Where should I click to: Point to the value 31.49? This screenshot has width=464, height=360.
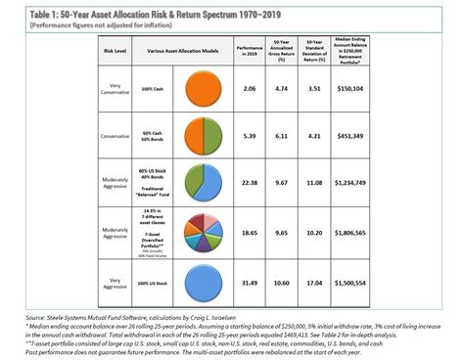point(249,284)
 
